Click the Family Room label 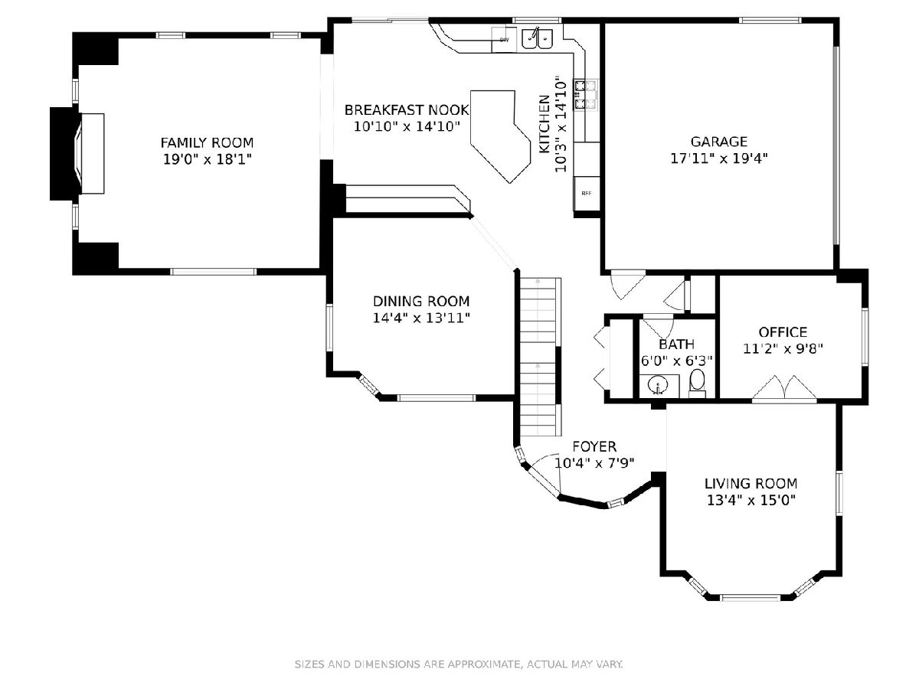click(208, 142)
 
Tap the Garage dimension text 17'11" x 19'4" click(719, 158)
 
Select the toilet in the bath click(697, 382)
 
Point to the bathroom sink click(659, 385)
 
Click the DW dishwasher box click(504, 40)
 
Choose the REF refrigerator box click(587, 193)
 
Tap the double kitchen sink click(537, 38)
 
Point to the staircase click(541, 357)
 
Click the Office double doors click(784, 388)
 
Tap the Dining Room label click(421, 301)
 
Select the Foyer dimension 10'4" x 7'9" click(594, 463)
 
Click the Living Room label click(751, 484)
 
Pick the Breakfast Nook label click(407, 110)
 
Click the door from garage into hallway click(627, 285)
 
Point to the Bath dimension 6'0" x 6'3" click(677, 360)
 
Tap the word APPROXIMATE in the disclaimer click(485, 664)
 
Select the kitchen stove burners click(585, 95)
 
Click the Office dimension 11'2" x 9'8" click(783, 348)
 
